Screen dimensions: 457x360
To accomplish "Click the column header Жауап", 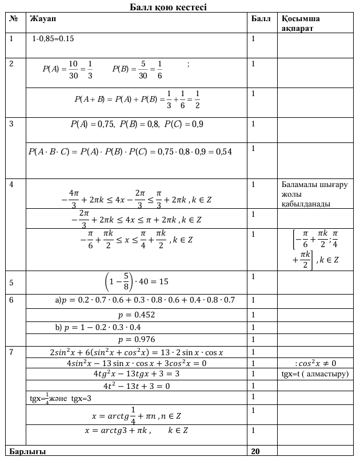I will pos(42,19).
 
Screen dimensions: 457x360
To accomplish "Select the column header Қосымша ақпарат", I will pos(301,23).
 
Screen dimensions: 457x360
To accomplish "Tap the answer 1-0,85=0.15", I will pos(53,39).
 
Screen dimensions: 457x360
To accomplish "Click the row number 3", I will pos(12,123).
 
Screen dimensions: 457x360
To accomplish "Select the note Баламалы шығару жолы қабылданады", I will pos(314,194).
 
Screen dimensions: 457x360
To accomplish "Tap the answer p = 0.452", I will pos(136,315).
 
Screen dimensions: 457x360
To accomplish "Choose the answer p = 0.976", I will pos(136,340).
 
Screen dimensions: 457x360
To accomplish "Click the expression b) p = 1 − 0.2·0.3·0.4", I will pos(98,327).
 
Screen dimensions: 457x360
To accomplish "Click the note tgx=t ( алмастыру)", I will pos(315,374).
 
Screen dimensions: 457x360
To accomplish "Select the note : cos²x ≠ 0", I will pos(315,363).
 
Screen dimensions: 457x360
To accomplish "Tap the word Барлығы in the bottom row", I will pos(27,451).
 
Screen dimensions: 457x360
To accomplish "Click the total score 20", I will pos(255,451).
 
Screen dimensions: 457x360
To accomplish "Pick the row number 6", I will pos(12,300).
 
